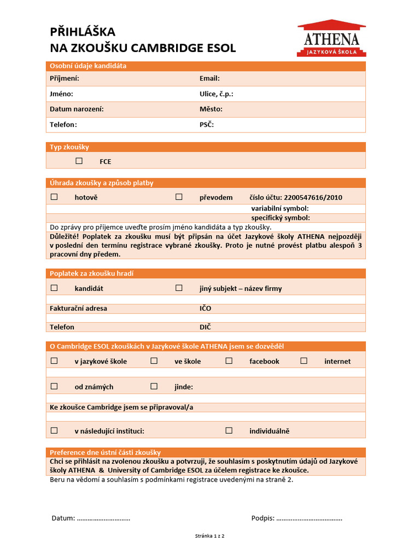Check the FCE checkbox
pyautogui.click(x=79, y=161)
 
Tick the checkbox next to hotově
pyautogui.click(x=54, y=197)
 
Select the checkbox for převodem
pyautogui.click(x=179, y=197)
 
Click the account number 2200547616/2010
pyautogui.click(x=313, y=197)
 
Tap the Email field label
pyautogui.click(x=209, y=78)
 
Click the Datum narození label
pyautogui.click(x=77, y=109)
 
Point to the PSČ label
pyautogui.click(x=207, y=124)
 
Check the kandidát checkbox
pyautogui.click(x=54, y=288)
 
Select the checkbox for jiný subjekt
pyautogui.click(x=179, y=288)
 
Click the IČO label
pyautogui.click(x=205, y=308)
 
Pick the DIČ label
pyautogui.click(x=205, y=326)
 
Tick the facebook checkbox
pyautogui.click(x=229, y=360)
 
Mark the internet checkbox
pyautogui.click(x=304, y=360)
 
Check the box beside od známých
pyautogui.click(x=54, y=386)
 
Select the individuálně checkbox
pyautogui.click(x=229, y=430)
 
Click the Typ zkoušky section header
pyautogui.click(x=69, y=147)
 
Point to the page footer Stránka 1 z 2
pyautogui.click(x=209, y=536)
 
